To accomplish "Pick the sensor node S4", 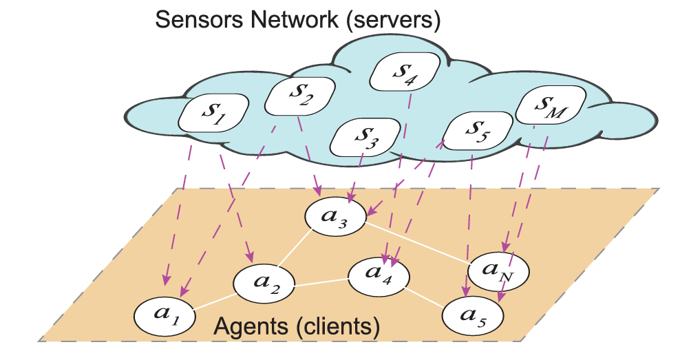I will [404, 71].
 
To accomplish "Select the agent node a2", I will [265, 284].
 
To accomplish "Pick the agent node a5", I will [473, 315].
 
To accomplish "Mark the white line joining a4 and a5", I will [425, 295].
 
